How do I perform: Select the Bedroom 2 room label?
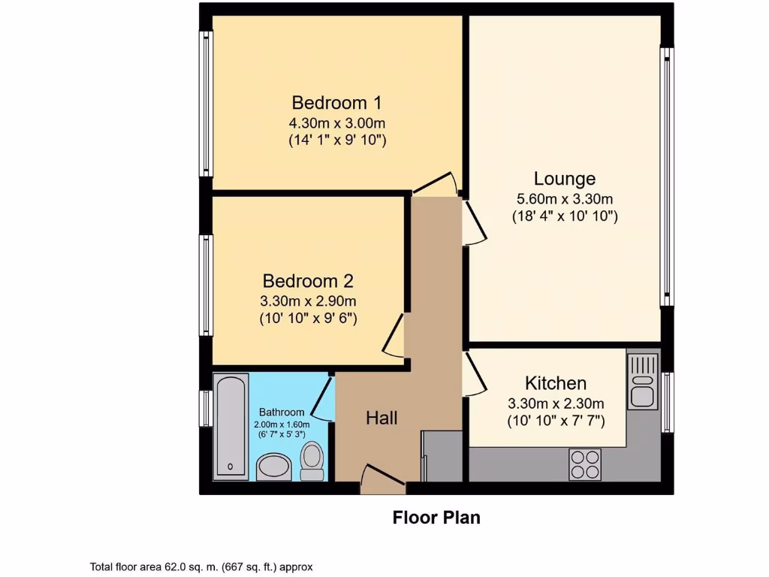307,281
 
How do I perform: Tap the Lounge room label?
565,179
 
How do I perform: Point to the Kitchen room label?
555,382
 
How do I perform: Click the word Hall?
381,418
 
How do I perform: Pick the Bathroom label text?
282,412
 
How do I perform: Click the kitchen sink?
643,381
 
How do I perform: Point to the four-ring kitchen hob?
585,463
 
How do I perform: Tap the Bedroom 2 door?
394,336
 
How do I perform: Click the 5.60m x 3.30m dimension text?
565,200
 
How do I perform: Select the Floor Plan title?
436,518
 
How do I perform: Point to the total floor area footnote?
201,567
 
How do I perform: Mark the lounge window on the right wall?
666,177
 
